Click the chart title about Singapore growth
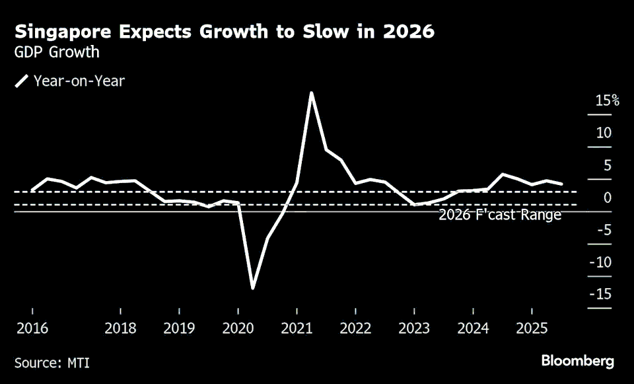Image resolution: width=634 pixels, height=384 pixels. (225, 32)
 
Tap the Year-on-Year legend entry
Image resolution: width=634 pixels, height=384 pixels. (79, 81)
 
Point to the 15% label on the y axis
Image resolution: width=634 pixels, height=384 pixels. (607, 101)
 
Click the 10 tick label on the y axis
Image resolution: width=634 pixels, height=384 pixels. (604, 134)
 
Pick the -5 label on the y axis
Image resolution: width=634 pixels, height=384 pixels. (604, 231)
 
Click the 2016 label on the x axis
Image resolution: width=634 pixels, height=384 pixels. (31, 328)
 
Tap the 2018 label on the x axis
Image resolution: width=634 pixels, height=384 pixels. (120, 328)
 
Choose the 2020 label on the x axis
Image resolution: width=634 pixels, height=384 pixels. (238, 328)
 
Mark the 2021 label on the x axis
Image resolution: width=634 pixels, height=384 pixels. (297, 328)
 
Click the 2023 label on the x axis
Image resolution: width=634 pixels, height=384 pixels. (414, 328)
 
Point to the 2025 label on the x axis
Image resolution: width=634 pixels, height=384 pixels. (532, 328)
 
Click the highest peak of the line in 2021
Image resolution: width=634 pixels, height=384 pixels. (311, 93)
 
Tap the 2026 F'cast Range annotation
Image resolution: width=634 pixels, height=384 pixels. (499, 215)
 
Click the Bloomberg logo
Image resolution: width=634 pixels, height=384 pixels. (577, 361)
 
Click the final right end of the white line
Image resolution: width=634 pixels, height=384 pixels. (562, 184)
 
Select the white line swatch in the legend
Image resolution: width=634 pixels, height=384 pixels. (22, 81)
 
